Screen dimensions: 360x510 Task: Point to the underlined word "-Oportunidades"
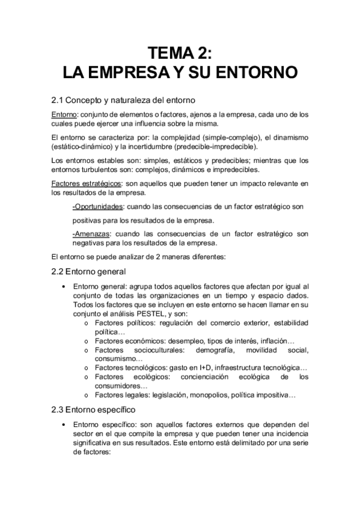click(x=95, y=206)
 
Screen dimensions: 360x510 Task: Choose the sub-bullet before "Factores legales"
click(x=87, y=395)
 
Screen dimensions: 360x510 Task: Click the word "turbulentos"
click(x=78, y=170)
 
